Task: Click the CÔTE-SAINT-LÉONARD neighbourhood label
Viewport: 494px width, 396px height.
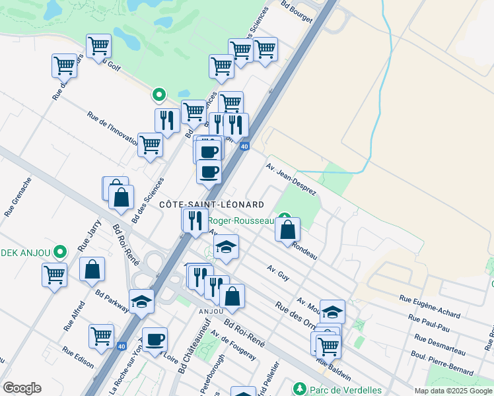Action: pos(212,205)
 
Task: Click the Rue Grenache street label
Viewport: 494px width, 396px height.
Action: pos(18,197)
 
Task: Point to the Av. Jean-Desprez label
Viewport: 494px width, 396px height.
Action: pos(291,176)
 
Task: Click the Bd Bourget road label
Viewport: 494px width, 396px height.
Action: pos(296,12)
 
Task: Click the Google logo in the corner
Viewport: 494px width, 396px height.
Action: pos(22,388)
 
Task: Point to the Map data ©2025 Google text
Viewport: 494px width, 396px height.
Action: pos(453,391)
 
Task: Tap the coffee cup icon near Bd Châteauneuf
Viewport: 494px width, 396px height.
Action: pos(155,340)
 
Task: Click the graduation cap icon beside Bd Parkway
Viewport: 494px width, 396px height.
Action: pos(141,302)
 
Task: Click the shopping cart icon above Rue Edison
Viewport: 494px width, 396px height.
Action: pos(102,337)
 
